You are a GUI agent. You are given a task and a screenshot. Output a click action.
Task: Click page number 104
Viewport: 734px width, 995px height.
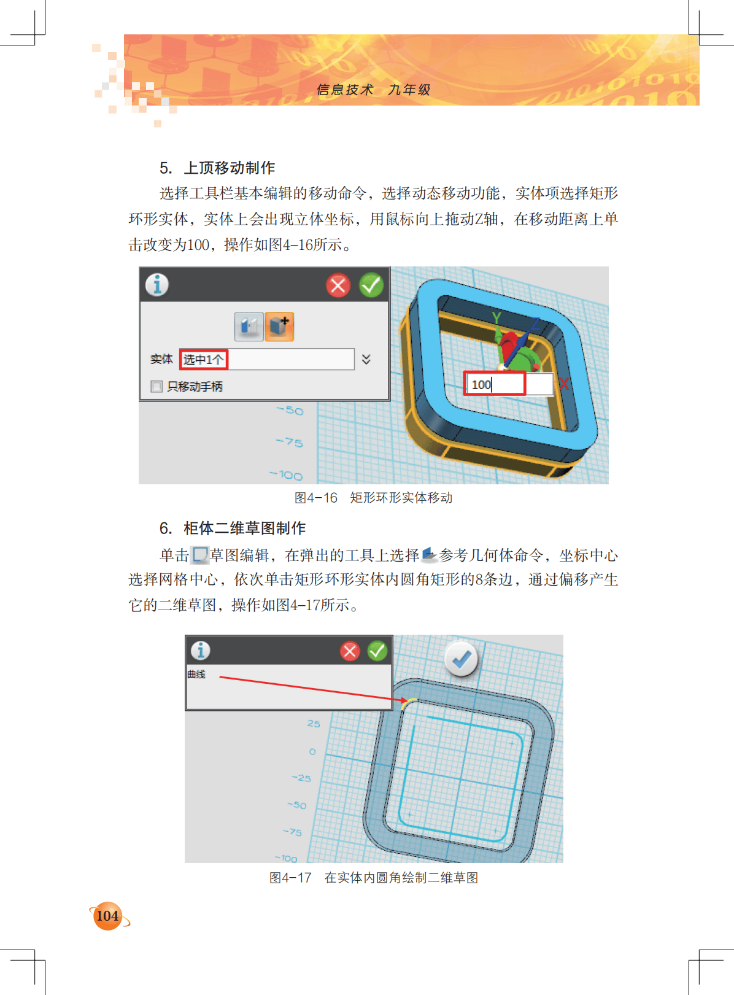pyautogui.click(x=107, y=916)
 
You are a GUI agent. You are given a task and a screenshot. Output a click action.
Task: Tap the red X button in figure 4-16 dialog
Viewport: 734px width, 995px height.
pyautogui.click(x=338, y=285)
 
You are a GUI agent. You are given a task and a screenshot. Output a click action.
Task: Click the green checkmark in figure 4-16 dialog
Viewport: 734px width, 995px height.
pyautogui.click(x=371, y=285)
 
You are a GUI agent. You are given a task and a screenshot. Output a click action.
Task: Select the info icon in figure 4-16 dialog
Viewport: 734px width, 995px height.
pyautogui.click(x=157, y=285)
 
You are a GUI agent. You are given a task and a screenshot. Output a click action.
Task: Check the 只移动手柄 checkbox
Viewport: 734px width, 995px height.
pyautogui.click(x=156, y=386)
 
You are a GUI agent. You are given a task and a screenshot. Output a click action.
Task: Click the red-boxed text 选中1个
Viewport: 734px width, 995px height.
pyautogui.click(x=203, y=359)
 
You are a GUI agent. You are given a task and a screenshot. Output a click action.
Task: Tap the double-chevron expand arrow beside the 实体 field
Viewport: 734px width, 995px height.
pyautogui.click(x=366, y=359)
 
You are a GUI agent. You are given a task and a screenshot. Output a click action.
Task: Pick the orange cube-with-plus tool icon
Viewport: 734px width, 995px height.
pyautogui.click(x=279, y=327)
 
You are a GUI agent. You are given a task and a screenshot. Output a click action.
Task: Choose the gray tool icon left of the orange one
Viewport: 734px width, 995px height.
pyautogui.click(x=249, y=327)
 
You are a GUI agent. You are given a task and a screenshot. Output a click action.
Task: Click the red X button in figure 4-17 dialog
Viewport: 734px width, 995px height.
pyautogui.click(x=350, y=651)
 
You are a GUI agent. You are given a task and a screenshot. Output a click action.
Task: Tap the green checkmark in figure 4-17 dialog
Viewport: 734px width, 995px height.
pyautogui.click(x=377, y=651)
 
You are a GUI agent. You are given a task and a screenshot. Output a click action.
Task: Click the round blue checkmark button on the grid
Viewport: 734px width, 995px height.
pyautogui.click(x=461, y=659)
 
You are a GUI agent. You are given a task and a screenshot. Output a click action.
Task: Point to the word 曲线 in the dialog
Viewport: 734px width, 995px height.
pyautogui.click(x=196, y=674)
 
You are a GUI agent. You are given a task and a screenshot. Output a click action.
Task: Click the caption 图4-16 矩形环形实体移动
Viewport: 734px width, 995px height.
pyautogui.click(x=373, y=497)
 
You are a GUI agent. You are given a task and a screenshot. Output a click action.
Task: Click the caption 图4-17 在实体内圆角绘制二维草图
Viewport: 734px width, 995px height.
pyautogui.click(x=373, y=878)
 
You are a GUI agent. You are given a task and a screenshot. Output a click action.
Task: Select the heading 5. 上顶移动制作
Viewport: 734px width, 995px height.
pyautogui.click(x=217, y=168)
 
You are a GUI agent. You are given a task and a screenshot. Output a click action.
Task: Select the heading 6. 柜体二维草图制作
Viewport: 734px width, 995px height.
pyautogui.click(x=233, y=528)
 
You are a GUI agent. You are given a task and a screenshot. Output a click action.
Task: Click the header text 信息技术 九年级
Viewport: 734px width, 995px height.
pyautogui.click(x=373, y=90)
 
